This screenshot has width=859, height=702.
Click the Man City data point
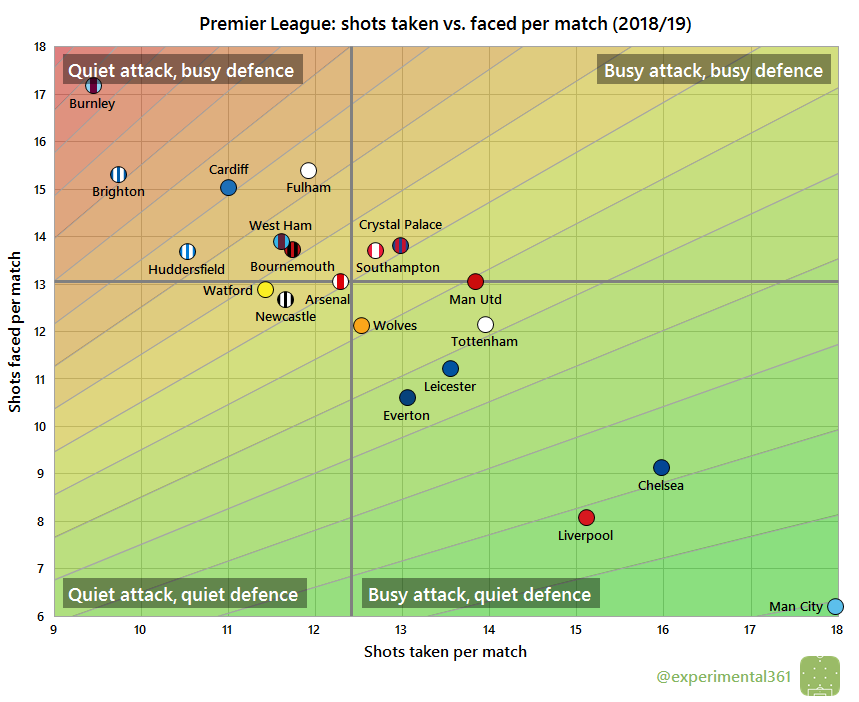[x=836, y=606]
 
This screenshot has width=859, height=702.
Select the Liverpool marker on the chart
[x=586, y=517]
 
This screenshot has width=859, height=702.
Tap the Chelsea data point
[x=661, y=467]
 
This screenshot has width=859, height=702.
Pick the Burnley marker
[x=93, y=85]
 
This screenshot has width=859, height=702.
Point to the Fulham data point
[x=308, y=170]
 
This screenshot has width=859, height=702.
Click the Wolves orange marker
[x=361, y=325]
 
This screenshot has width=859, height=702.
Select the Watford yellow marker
[x=265, y=289]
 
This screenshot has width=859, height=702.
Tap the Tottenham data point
[x=485, y=324]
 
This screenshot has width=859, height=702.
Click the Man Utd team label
[x=475, y=299]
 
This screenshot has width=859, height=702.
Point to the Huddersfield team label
[x=186, y=269]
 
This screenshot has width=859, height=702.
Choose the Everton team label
[x=406, y=415]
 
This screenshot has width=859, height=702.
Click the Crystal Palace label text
[x=400, y=225]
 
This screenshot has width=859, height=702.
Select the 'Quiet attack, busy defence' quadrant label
[x=181, y=70]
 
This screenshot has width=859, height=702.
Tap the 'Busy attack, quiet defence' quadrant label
[x=479, y=595]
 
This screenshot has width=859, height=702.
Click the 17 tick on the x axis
[x=749, y=629]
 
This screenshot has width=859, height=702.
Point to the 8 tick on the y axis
[x=39, y=521]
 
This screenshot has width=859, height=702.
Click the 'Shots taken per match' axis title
[x=444, y=652]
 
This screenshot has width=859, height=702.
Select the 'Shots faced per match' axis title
[x=15, y=331]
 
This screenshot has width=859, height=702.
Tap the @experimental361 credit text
[x=723, y=677]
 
